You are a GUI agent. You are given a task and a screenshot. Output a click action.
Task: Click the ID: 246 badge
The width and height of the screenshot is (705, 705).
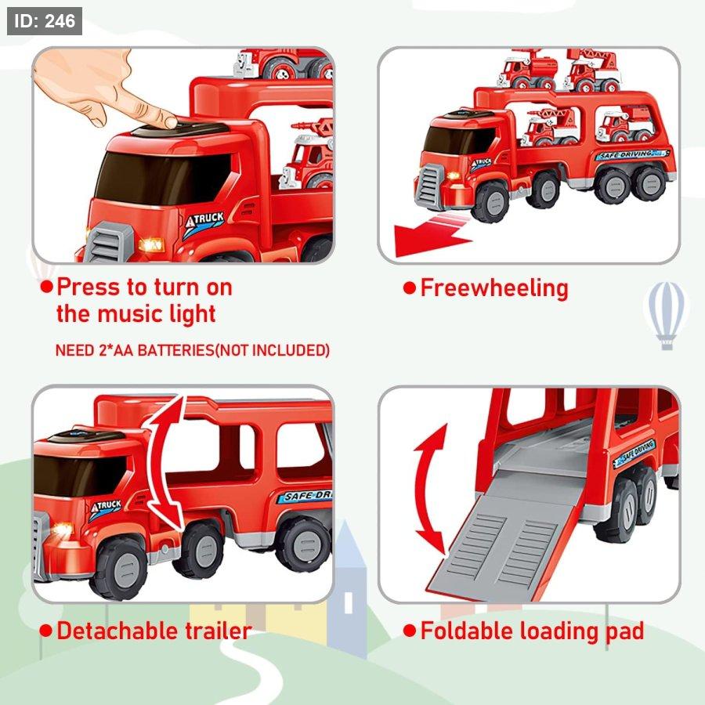click(x=45, y=20)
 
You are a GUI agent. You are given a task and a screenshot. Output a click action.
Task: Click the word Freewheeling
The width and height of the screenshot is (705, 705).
click(x=494, y=288)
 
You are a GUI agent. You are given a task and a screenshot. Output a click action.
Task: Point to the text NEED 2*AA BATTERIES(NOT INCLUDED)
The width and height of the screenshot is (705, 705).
click(x=193, y=350)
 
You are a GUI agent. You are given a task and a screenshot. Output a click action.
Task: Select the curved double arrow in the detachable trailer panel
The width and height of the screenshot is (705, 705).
click(x=165, y=463)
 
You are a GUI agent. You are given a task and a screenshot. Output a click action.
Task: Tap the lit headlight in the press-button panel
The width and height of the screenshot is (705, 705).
click(x=151, y=245)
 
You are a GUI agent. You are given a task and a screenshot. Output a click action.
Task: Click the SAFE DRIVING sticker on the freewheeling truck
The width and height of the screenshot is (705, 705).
click(x=631, y=155)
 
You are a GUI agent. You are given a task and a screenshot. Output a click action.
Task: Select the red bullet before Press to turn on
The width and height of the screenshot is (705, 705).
click(x=46, y=287)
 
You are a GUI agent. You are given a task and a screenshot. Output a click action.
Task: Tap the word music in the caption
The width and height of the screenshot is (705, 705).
click(x=126, y=314)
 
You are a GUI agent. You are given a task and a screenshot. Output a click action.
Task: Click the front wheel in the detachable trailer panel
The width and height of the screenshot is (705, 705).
click(x=119, y=569)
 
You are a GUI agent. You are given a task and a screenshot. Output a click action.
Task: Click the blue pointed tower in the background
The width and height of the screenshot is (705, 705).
click(x=347, y=589)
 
